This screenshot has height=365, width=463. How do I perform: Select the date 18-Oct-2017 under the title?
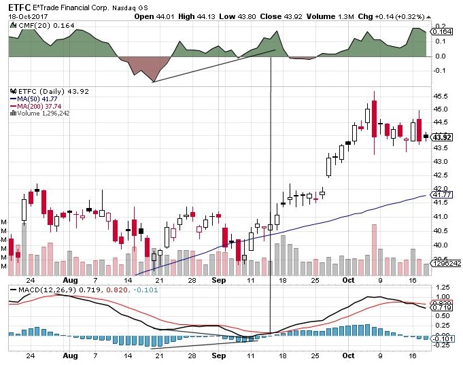[x=25, y=16]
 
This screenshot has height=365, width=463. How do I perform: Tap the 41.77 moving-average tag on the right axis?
[x=443, y=194]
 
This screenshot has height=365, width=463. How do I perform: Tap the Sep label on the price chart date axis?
[x=218, y=279]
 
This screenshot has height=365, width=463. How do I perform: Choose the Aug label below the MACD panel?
[x=67, y=355]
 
